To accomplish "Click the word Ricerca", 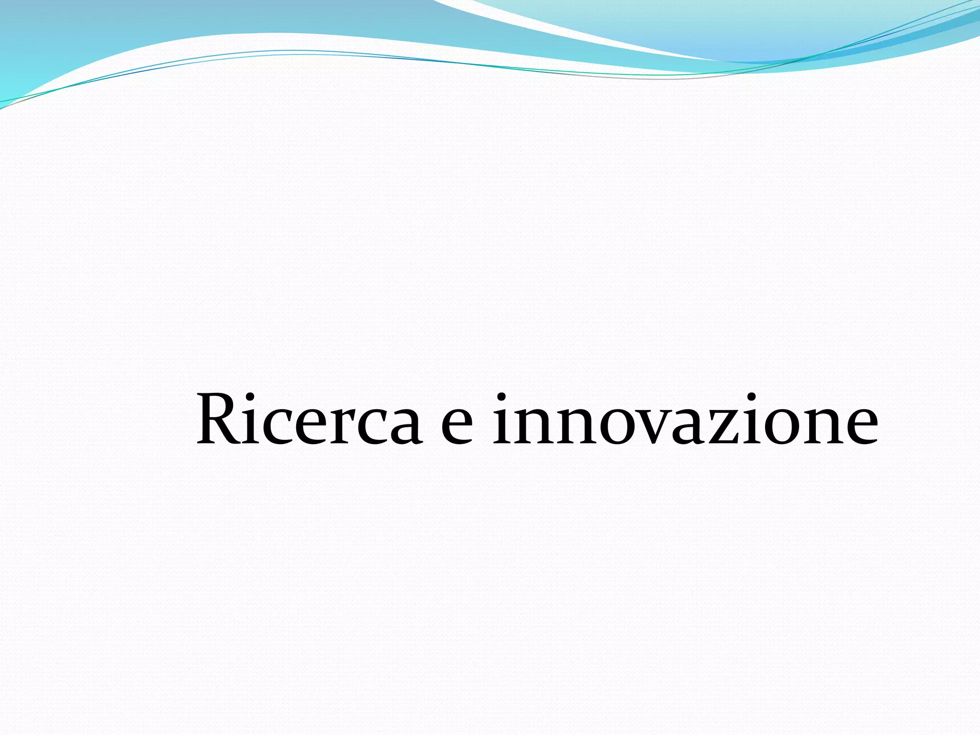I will (309, 420).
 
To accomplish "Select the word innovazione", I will (685, 420).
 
